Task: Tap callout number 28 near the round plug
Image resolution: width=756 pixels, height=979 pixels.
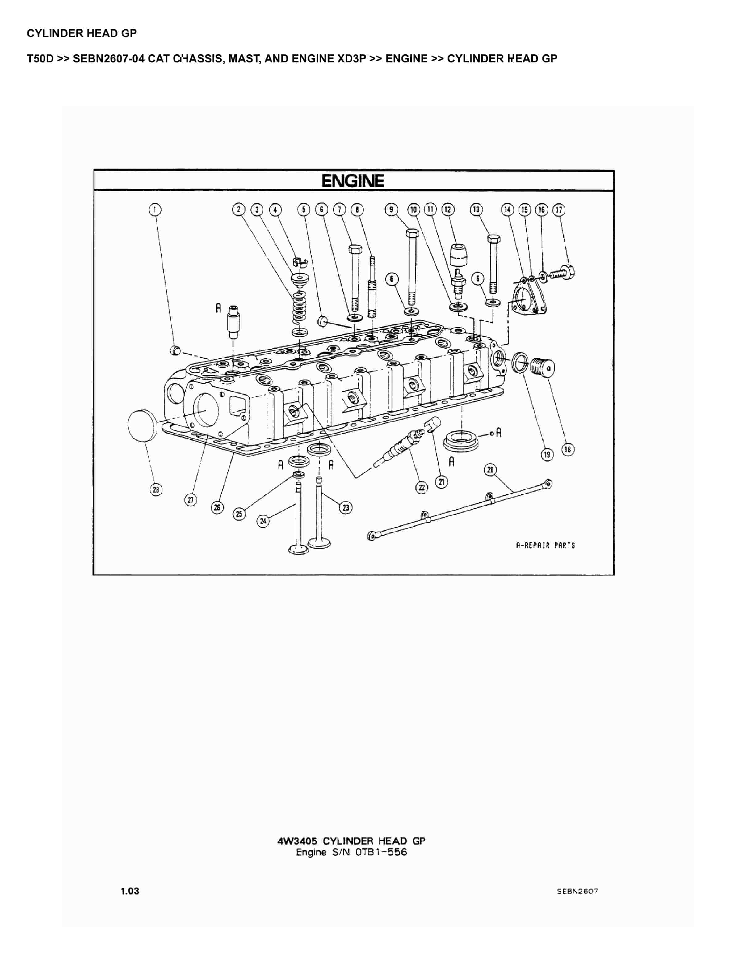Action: [156, 489]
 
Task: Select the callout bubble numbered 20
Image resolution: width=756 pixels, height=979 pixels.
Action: [490, 470]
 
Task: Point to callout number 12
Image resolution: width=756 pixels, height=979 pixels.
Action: [448, 209]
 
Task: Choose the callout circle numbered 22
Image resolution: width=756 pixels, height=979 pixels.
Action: [422, 487]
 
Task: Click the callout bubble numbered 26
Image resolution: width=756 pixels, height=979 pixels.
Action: [217, 507]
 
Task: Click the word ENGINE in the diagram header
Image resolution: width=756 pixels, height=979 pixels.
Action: [353, 181]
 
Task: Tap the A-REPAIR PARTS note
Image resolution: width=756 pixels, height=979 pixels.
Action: [545, 545]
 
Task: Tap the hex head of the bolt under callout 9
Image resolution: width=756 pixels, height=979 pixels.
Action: [412, 233]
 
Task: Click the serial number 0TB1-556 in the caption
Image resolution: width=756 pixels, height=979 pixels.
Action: [381, 852]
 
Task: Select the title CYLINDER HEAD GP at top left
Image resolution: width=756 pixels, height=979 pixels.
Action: [82, 33]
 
